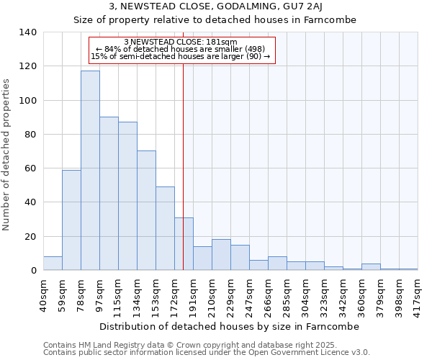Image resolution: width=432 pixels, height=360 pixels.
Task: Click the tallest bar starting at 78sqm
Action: [90, 171]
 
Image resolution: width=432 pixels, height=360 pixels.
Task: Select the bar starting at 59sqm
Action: [71, 220]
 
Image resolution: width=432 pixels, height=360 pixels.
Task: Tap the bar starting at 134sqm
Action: [146, 210]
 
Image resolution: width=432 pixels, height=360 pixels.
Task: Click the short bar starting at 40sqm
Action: [53, 264]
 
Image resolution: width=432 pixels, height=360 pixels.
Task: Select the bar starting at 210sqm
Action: [221, 255]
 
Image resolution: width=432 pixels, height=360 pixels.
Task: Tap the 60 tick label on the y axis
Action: [30, 168]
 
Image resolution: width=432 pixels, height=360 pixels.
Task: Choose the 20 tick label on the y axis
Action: [30, 237]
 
